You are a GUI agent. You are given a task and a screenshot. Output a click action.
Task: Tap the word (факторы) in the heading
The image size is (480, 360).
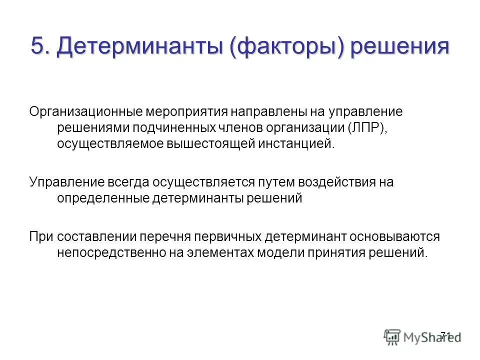tap(288, 46)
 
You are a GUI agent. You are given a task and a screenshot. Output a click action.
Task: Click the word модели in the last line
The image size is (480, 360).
tap(278, 252)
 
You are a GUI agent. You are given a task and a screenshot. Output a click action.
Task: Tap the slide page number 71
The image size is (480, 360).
tap(446, 335)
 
